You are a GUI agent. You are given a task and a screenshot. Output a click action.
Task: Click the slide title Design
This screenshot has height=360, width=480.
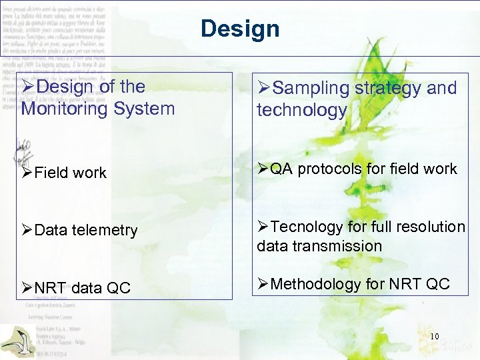(240, 29)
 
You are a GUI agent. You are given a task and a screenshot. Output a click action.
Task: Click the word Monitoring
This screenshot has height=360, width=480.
(63, 109)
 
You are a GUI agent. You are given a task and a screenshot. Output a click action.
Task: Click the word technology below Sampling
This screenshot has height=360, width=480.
(302, 111)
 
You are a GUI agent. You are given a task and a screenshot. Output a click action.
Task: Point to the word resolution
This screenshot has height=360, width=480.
(427, 227)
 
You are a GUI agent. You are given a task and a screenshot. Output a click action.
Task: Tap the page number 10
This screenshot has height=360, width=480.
(435, 336)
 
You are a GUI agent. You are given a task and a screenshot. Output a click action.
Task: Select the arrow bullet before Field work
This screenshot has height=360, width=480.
(28, 173)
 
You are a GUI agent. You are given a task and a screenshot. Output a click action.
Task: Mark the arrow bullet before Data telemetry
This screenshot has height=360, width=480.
(28, 231)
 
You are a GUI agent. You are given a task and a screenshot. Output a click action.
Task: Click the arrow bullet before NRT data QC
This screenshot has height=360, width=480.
(28, 288)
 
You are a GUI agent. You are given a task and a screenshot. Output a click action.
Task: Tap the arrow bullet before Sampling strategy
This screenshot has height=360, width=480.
(264, 88)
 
